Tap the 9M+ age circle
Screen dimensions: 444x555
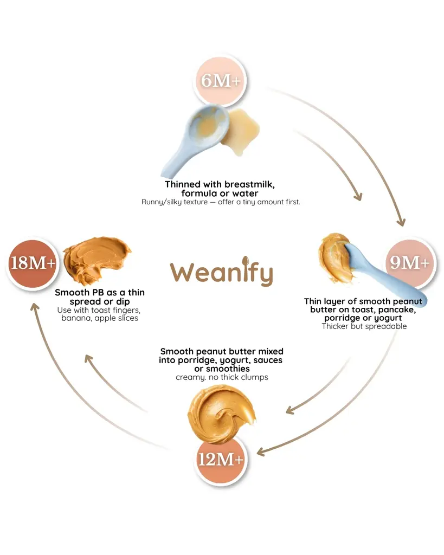point(410,263)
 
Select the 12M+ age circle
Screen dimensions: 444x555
point(220,460)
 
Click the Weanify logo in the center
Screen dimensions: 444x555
point(222,271)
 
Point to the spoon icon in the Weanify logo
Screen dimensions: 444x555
point(245,263)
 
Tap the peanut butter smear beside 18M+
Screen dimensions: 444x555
point(96,260)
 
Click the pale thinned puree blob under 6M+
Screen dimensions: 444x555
point(241,132)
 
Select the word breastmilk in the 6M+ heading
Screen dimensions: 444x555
point(249,184)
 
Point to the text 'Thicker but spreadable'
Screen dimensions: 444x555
point(364,326)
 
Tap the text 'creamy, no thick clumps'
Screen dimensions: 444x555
point(222,377)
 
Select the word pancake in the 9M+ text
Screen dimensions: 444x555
point(396,310)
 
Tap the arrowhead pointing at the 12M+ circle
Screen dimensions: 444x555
point(261,452)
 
